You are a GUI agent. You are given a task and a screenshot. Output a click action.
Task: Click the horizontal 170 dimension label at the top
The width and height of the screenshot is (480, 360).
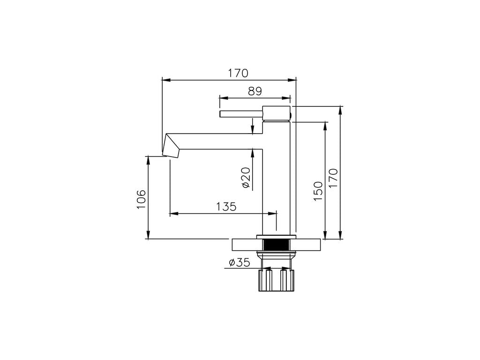click(238, 73)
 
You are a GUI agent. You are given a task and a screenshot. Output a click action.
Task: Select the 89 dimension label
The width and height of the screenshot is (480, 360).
click(255, 91)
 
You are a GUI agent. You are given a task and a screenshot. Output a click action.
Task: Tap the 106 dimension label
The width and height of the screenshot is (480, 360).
click(141, 199)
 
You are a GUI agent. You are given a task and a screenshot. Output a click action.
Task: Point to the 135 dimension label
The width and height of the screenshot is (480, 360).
click(226, 207)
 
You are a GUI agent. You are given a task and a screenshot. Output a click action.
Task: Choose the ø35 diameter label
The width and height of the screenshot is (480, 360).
click(240, 262)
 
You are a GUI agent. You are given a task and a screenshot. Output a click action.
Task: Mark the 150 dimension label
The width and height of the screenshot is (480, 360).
click(318, 191)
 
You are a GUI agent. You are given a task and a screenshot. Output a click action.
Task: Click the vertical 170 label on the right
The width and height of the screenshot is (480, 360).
click(333, 178)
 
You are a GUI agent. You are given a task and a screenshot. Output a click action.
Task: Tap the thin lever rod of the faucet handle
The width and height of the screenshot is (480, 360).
click(241, 114)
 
